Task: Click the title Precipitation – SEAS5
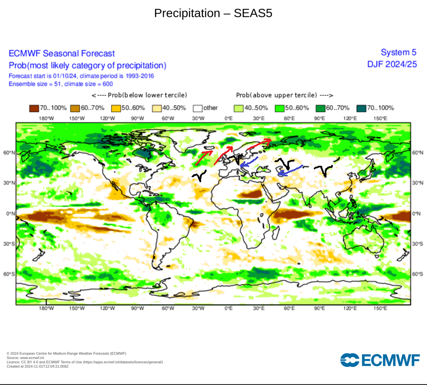click(213, 13)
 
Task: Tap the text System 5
click(398, 53)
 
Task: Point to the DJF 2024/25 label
click(392, 64)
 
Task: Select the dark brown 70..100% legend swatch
click(34, 108)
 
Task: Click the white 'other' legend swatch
click(197, 108)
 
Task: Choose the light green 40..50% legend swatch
click(238, 108)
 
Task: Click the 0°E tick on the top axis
click(228, 118)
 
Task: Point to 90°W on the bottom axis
click(138, 308)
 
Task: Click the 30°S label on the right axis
click(418, 244)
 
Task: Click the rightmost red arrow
click(258, 144)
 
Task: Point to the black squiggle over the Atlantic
click(200, 175)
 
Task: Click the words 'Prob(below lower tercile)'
click(139, 95)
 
